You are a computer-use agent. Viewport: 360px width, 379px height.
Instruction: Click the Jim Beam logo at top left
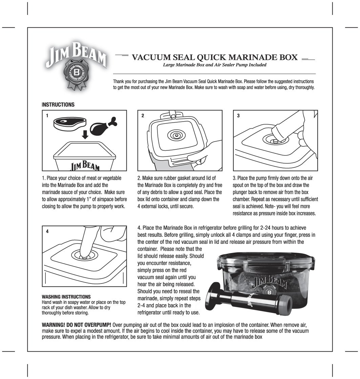(x=76, y=65)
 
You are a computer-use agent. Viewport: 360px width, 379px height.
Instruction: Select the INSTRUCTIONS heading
(x=58, y=105)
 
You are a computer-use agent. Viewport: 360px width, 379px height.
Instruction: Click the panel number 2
(x=143, y=116)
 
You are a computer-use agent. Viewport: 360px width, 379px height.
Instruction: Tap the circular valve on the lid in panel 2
(x=176, y=136)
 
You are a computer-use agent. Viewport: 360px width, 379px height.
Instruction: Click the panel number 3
(x=238, y=116)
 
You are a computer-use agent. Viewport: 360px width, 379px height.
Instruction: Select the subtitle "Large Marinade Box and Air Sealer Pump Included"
(x=214, y=65)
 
